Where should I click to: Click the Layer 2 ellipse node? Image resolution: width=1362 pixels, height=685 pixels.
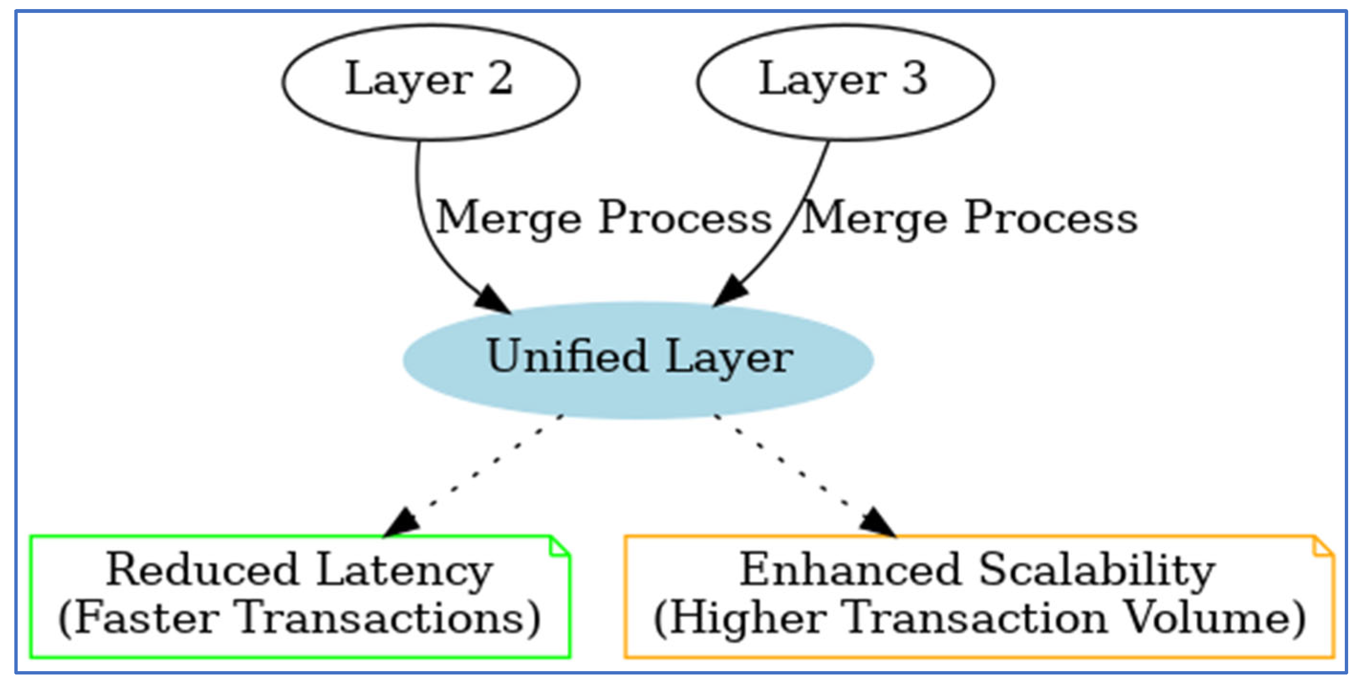click(430, 82)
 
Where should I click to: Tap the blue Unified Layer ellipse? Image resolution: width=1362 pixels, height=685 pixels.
click(638, 360)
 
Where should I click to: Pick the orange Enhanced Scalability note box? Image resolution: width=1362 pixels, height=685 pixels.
click(979, 596)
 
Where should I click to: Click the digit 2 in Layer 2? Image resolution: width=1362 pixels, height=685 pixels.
click(500, 78)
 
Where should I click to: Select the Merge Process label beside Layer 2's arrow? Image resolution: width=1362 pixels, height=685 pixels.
click(603, 218)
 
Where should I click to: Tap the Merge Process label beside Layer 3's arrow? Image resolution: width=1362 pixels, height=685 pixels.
click(969, 218)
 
